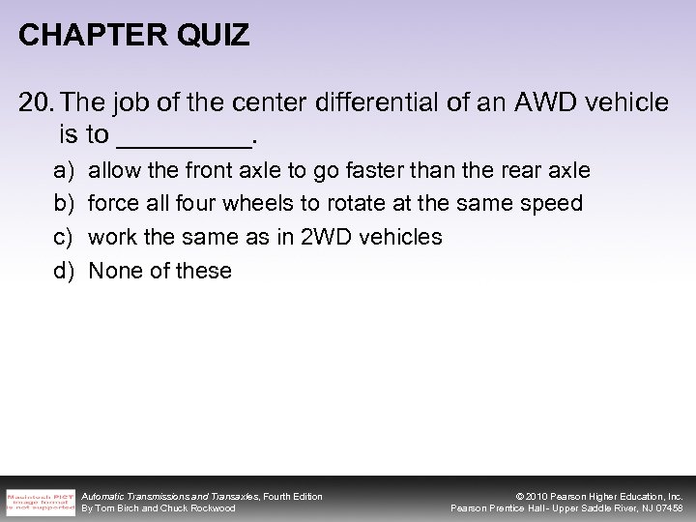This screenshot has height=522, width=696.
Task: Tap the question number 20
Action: tap(36, 103)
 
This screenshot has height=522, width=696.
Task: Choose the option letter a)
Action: tap(64, 170)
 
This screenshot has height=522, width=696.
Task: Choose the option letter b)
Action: tap(64, 204)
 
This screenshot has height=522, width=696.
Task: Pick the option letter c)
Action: tap(64, 237)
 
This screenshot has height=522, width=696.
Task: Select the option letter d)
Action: tap(64, 271)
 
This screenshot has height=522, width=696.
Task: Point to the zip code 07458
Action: tap(666, 508)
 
